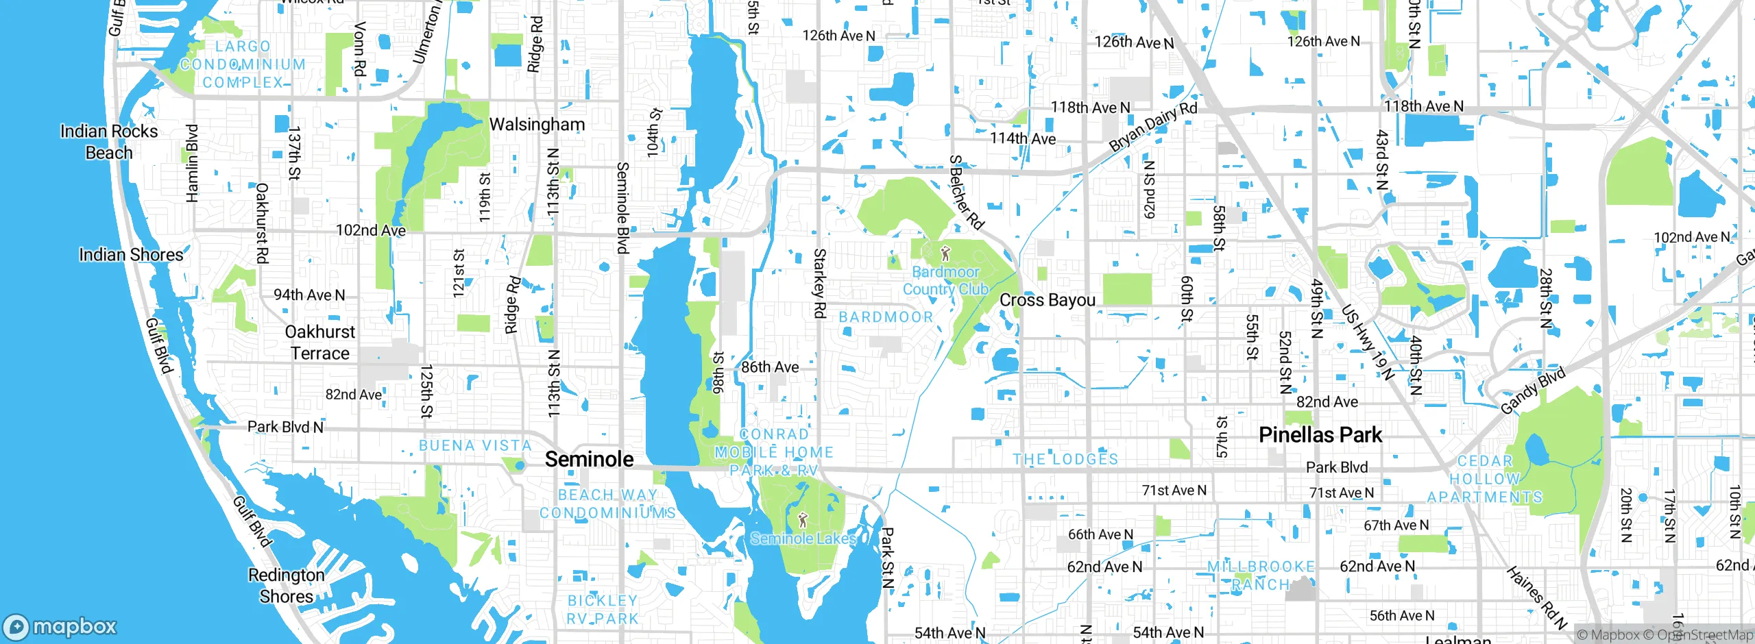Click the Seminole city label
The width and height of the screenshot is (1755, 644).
point(589,459)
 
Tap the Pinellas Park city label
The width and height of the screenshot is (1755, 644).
point(1320,435)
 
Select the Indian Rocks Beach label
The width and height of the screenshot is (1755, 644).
point(109,142)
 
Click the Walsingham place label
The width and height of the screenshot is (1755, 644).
point(537,125)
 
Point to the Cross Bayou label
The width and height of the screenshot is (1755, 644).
point(1047,300)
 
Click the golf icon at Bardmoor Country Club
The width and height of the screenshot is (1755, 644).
point(946,253)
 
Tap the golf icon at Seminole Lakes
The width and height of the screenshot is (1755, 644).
point(803,521)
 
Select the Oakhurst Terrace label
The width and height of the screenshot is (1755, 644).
point(319,343)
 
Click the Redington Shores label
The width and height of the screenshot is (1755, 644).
point(287,585)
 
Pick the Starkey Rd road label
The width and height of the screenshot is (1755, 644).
point(819,283)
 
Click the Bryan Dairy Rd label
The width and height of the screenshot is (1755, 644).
point(1153,127)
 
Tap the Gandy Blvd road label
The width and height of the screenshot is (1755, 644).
point(1533,391)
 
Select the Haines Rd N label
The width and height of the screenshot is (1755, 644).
point(1536,598)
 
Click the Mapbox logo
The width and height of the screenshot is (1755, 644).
point(60,626)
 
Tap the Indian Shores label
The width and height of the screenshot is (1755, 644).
point(131,255)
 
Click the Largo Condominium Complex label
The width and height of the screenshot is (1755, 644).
point(243,64)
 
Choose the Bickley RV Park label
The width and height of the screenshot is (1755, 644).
point(603,609)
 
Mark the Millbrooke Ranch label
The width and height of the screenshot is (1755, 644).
point(1261,575)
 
